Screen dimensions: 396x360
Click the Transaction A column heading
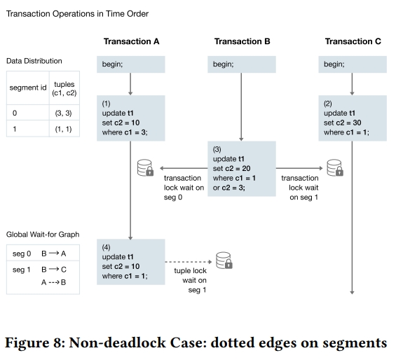click(x=131, y=41)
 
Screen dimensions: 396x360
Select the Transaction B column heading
click(x=243, y=41)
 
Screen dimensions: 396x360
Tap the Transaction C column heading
click(x=353, y=41)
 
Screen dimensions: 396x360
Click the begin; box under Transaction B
click(x=242, y=64)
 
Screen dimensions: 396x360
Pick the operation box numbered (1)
click(x=131, y=118)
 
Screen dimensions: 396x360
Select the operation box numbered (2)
click(x=353, y=118)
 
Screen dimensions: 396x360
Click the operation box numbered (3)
click(x=242, y=169)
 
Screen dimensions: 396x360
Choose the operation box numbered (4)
click(x=131, y=262)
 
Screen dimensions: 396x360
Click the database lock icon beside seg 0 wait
click(x=146, y=167)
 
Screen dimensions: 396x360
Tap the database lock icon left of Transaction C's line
click(x=335, y=167)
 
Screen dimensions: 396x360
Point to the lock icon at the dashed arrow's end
click(x=224, y=261)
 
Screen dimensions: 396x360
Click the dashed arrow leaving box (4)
click(x=189, y=262)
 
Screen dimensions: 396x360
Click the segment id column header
click(x=28, y=88)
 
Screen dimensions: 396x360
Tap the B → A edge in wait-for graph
click(x=53, y=254)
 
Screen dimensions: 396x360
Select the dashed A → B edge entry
click(x=53, y=282)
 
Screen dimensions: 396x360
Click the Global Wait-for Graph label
click(x=43, y=235)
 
